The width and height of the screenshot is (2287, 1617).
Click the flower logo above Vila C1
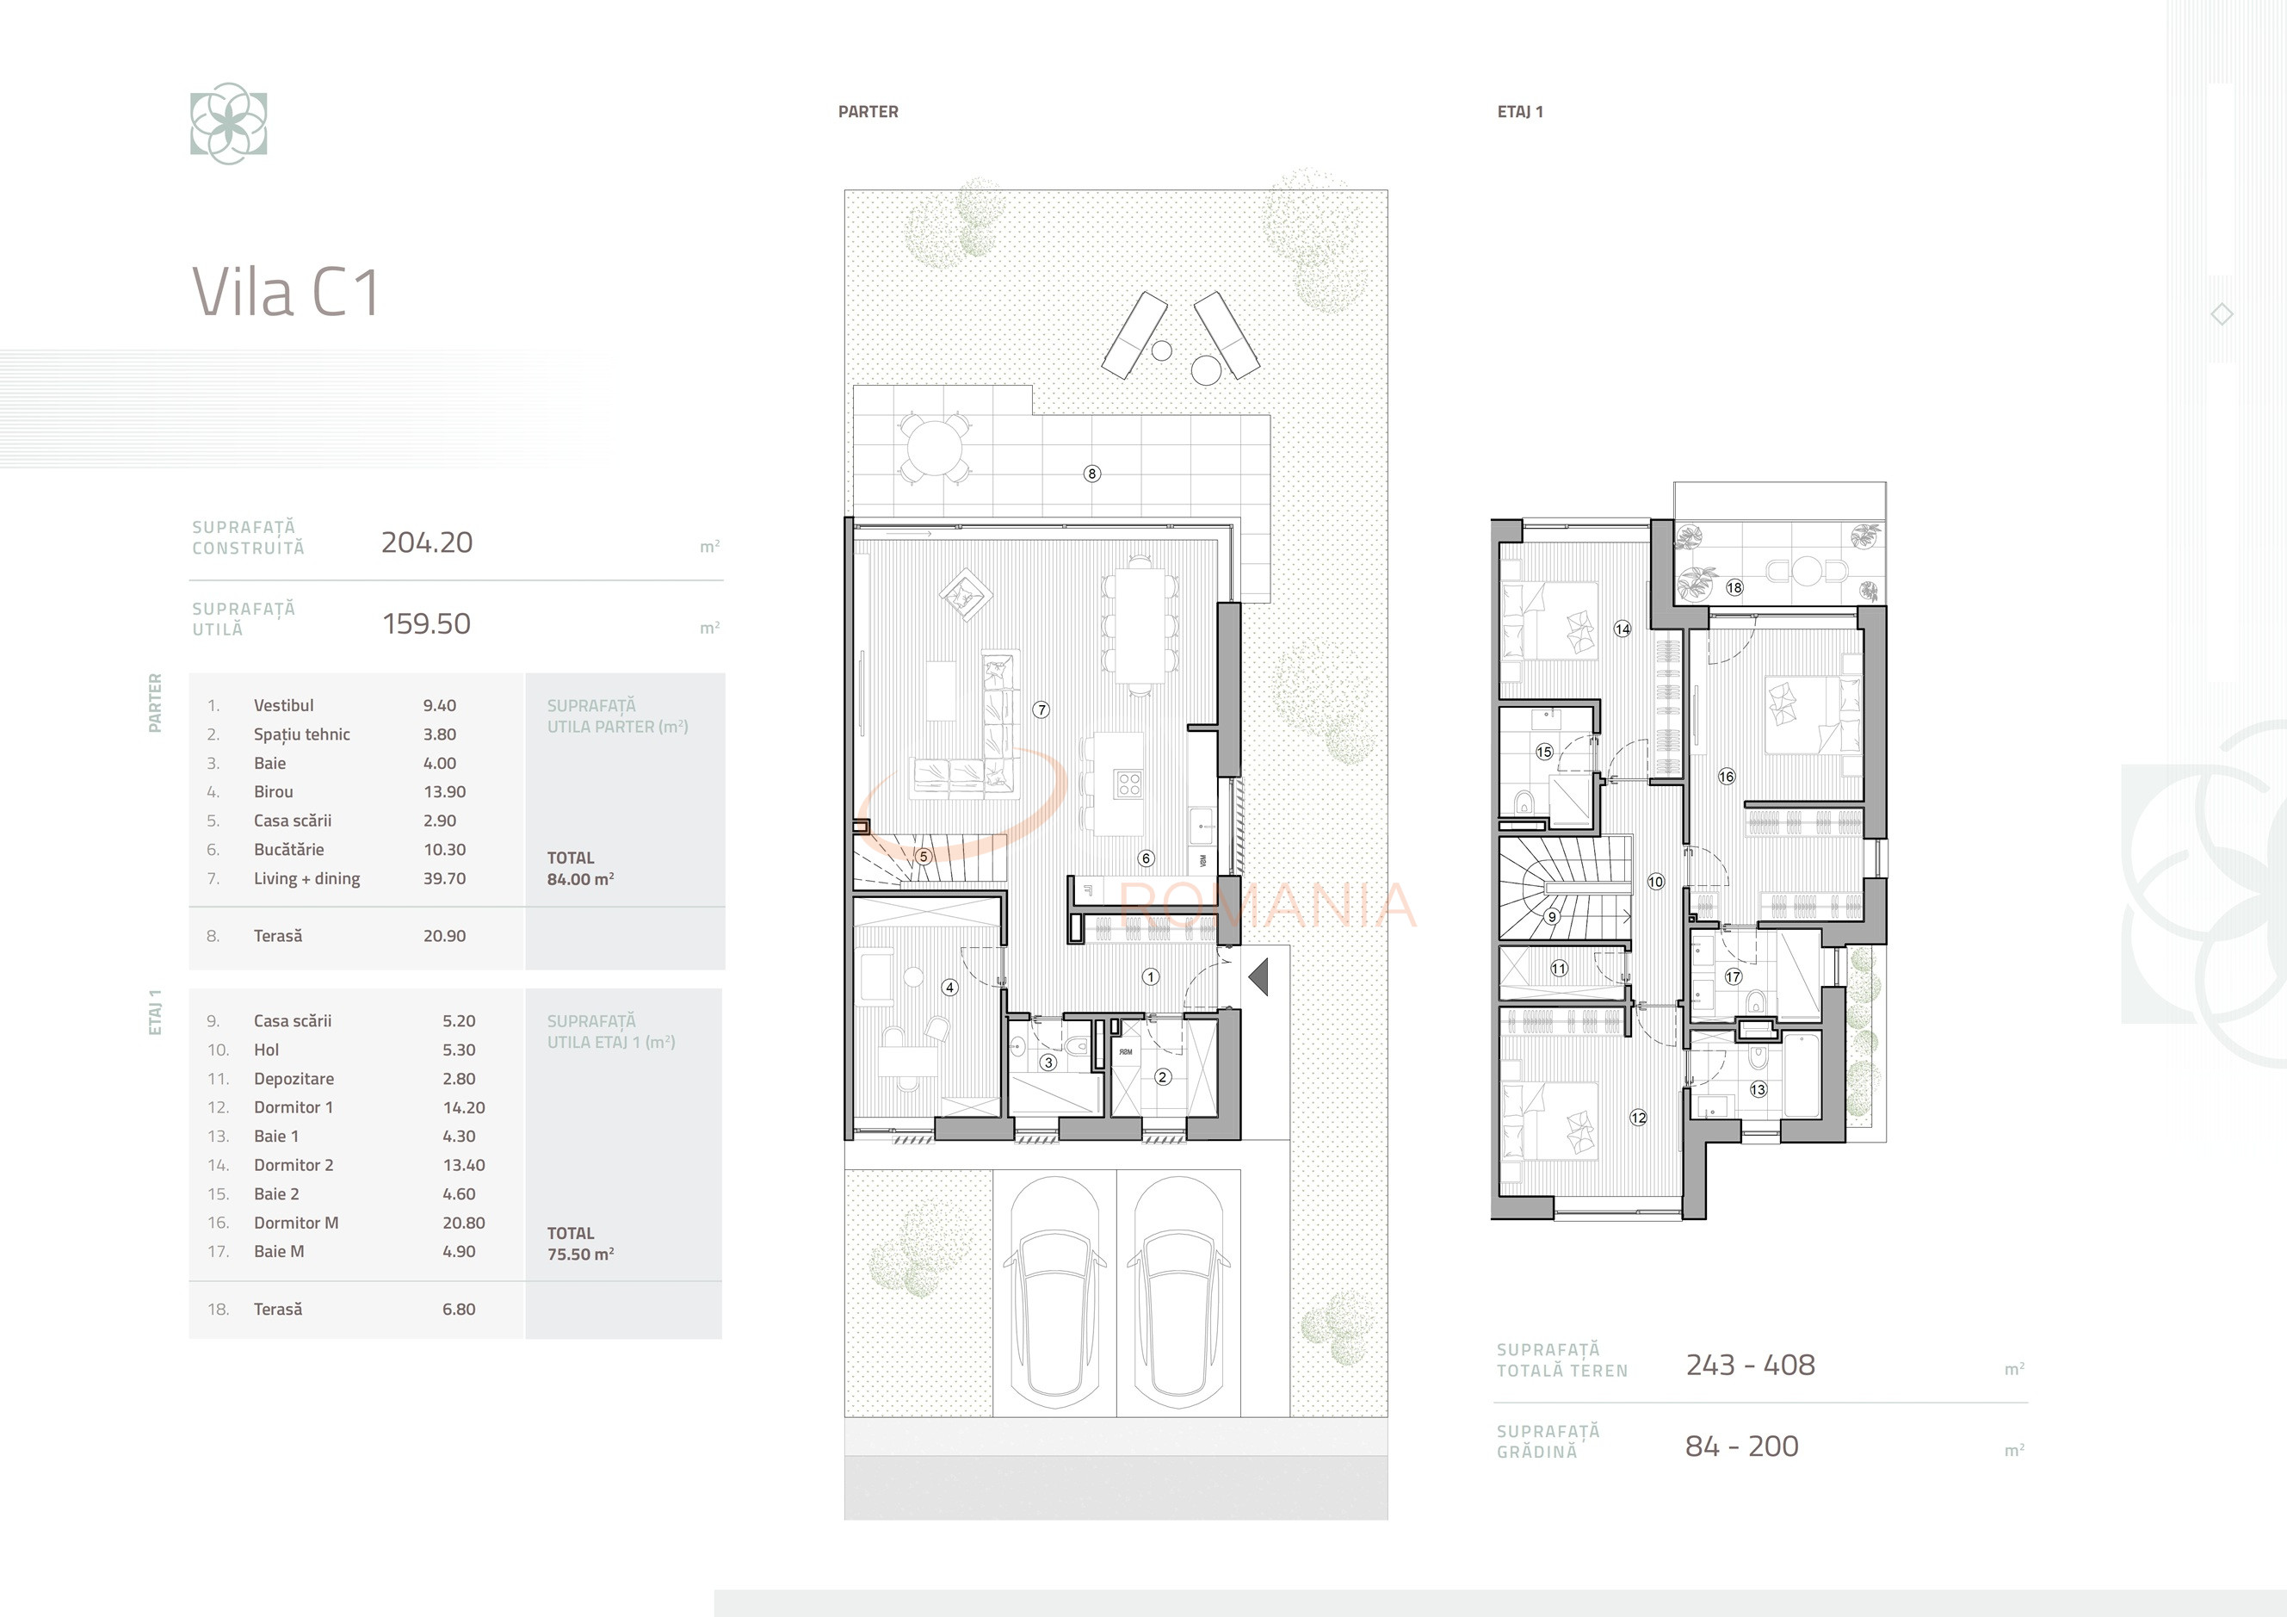[x=229, y=123]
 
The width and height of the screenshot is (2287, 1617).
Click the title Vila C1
[x=285, y=292]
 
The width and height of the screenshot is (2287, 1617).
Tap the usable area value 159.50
[x=426, y=623]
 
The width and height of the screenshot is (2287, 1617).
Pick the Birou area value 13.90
[x=444, y=792]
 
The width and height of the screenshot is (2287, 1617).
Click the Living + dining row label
[x=306, y=879]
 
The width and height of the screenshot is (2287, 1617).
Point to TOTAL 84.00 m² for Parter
[x=580, y=869]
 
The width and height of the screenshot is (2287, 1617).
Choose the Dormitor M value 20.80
[x=464, y=1223]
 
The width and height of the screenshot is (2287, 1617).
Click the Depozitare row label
[x=294, y=1079]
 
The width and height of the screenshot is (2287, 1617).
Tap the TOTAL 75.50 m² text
[x=580, y=1243]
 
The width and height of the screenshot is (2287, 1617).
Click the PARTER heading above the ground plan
[x=868, y=112]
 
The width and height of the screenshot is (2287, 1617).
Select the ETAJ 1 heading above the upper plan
[x=1520, y=112]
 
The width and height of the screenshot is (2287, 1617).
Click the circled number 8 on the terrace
[x=1091, y=474]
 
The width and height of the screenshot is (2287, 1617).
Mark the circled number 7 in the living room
[x=1041, y=710]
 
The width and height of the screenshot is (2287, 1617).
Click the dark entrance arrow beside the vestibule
[x=1259, y=976]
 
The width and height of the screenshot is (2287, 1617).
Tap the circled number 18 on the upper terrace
[x=1734, y=588]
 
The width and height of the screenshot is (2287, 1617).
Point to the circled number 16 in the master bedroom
[x=1726, y=776]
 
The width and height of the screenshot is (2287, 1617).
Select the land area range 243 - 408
[x=1750, y=1365]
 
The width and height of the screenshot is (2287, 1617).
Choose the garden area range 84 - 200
[x=1742, y=1447]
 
